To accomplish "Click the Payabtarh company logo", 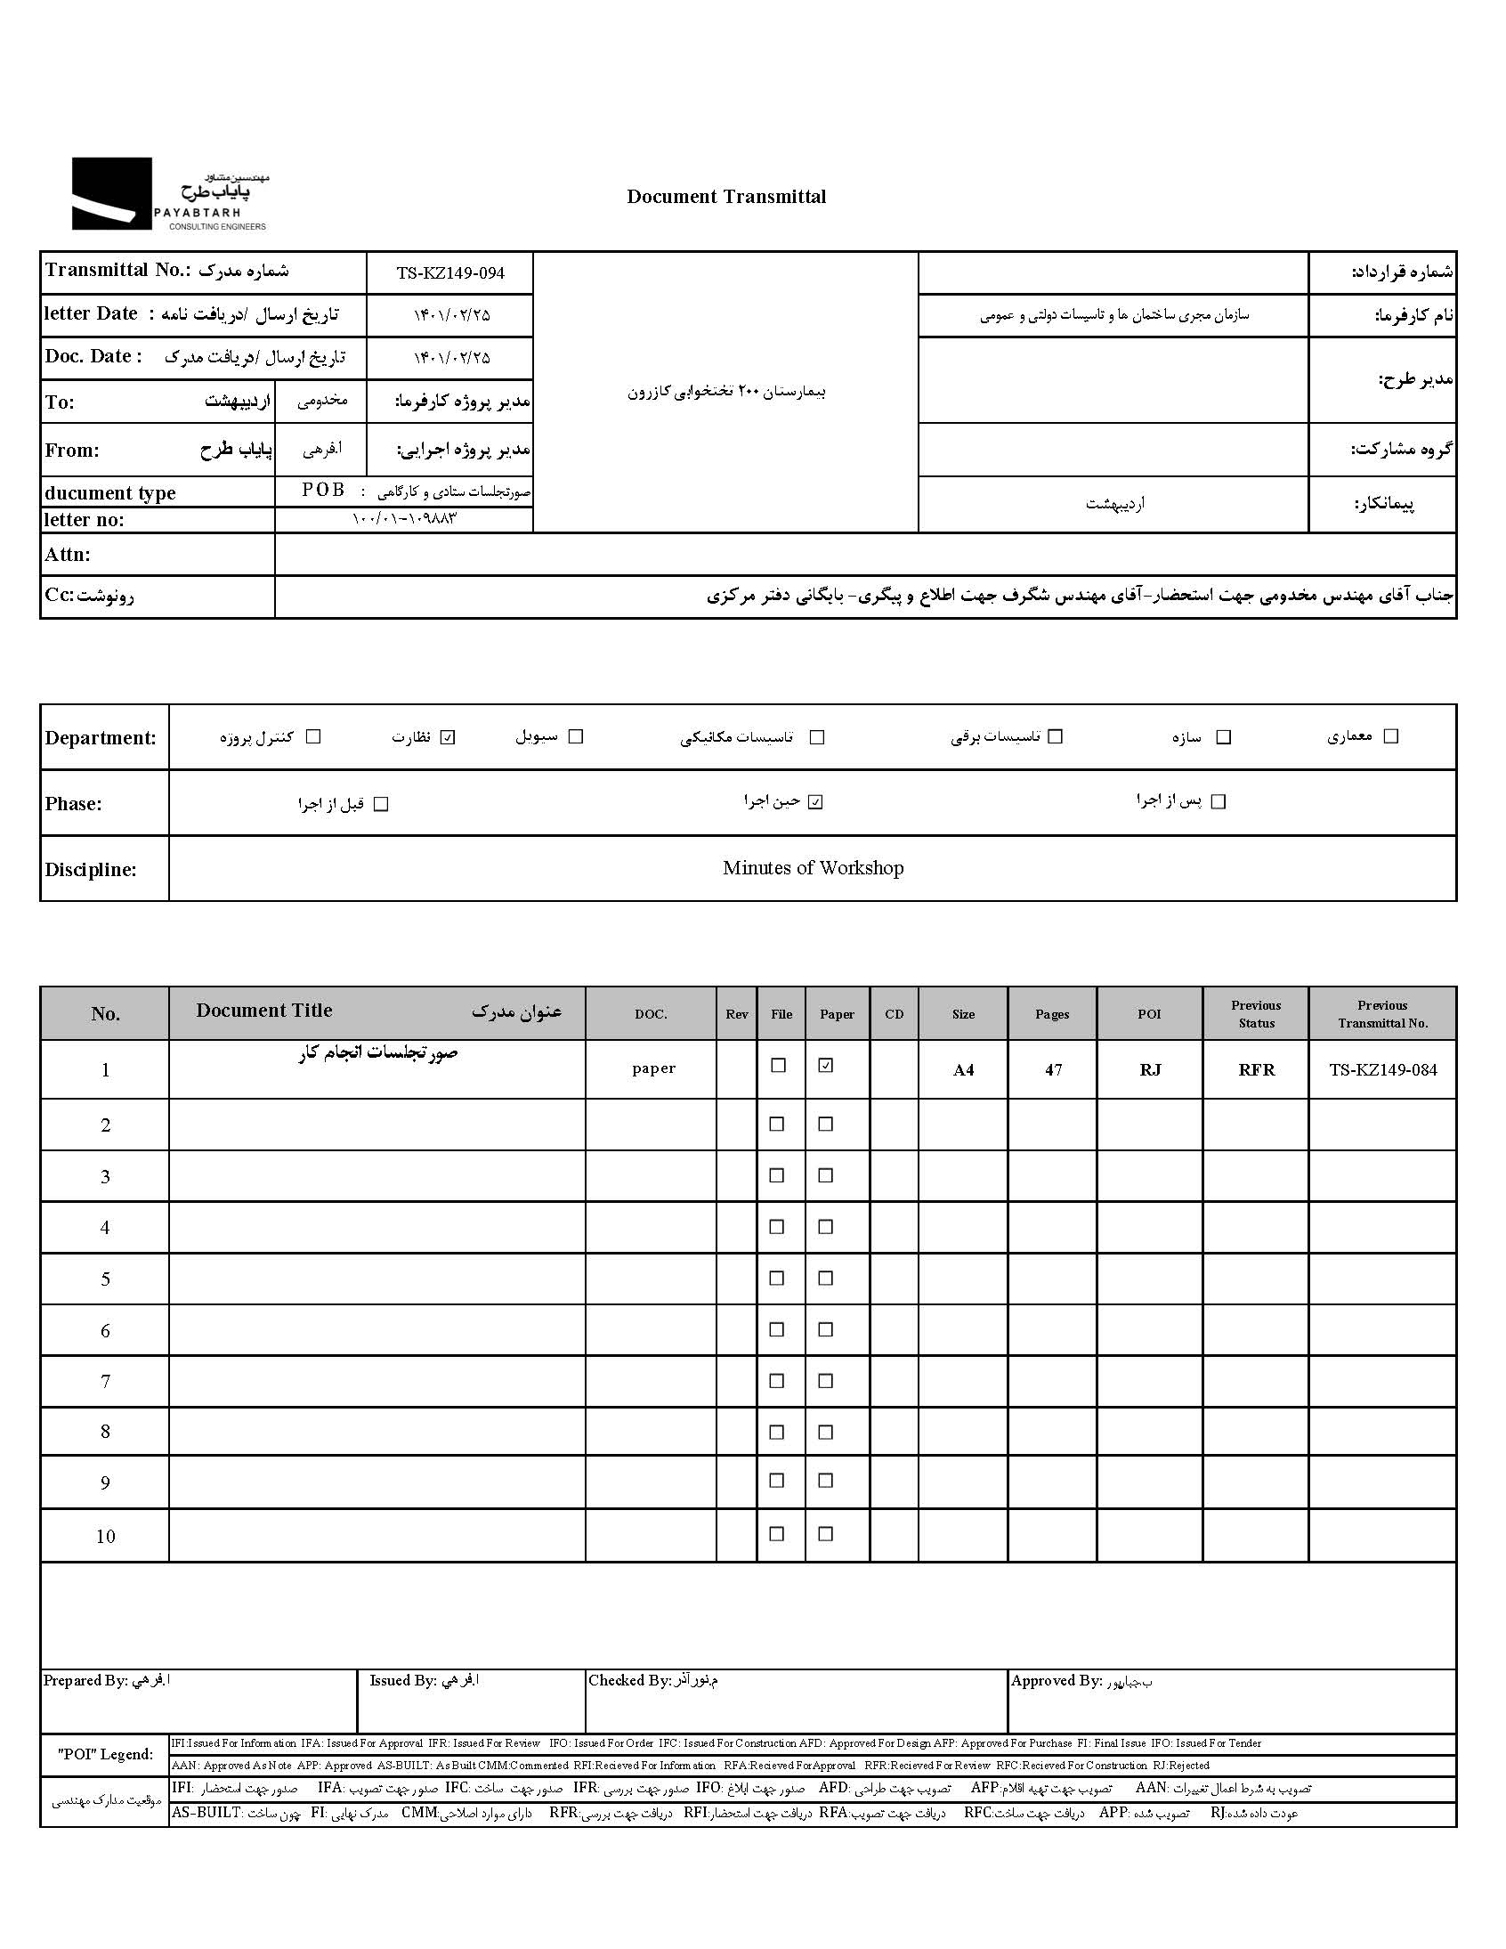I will pyautogui.click(x=169, y=194).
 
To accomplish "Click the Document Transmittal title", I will pyautogui.click(x=726, y=197).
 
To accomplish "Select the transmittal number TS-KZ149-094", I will pyautogui.click(x=450, y=273).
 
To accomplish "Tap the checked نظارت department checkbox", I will pyautogui.click(x=448, y=737).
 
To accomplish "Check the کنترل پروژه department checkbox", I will pyautogui.click(x=313, y=737).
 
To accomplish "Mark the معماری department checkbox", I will pyautogui.click(x=1390, y=736).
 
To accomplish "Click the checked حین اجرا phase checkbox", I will pyautogui.click(x=814, y=802).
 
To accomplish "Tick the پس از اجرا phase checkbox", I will pyautogui.click(x=1219, y=802).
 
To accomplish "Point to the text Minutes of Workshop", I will pyautogui.click(x=813, y=868).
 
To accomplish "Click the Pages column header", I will pyautogui.click(x=1052, y=1014).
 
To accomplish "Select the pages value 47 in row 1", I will pyautogui.click(x=1054, y=1069).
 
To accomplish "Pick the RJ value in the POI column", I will pyautogui.click(x=1150, y=1069).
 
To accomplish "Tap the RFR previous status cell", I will pyautogui.click(x=1256, y=1069).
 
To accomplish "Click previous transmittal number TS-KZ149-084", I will pyautogui.click(x=1383, y=1069).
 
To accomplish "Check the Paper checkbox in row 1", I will pyautogui.click(x=826, y=1066).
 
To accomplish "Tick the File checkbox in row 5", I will pyautogui.click(x=777, y=1279).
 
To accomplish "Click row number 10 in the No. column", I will pyautogui.click(x=105, y=1537).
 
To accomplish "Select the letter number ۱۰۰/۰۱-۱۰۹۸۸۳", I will pyautogui.click(x=404, y=518).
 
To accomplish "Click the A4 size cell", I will pyautogui.click(x=964, y=1069).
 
